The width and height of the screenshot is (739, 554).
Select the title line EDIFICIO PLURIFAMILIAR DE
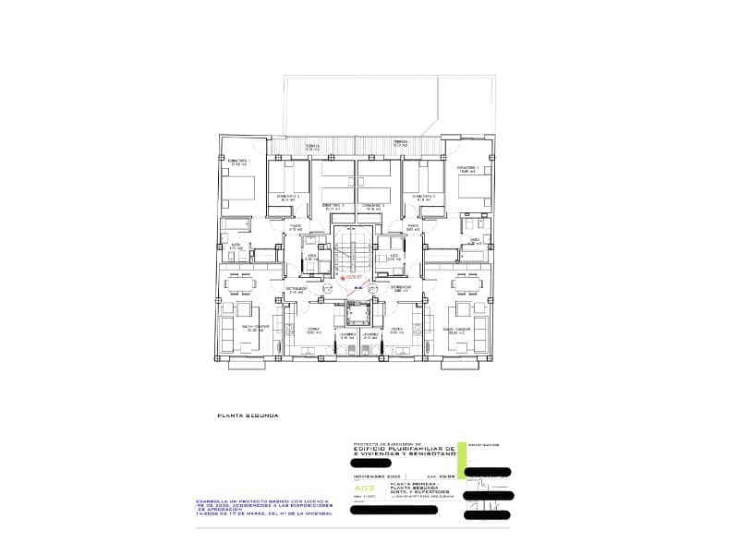point(411,448)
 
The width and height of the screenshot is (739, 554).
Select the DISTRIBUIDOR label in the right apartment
point(400,287)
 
